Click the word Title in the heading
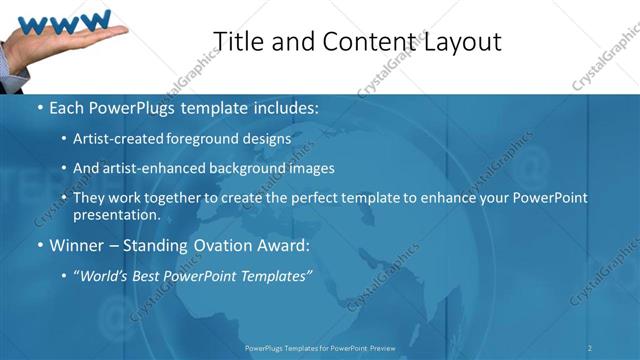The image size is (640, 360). coord(239,41)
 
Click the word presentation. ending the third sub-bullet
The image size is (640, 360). coord(116,215)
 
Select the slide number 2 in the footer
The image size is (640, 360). coord(590,347)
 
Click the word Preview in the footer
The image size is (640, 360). coord(382,347)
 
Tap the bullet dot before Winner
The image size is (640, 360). coord(39,246)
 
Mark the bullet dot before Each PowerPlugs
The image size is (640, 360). coord(39,108)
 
